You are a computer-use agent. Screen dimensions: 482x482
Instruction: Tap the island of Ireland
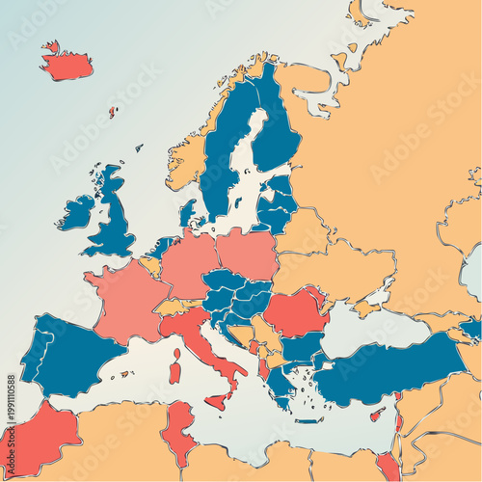tap(76, 211)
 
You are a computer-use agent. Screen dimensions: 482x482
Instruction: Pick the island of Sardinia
tap(174, 366)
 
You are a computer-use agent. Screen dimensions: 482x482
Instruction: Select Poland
tap(247, 253)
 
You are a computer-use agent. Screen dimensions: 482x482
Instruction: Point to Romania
tap(294, 313)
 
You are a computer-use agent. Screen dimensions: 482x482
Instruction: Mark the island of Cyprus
tap(378, 415)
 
